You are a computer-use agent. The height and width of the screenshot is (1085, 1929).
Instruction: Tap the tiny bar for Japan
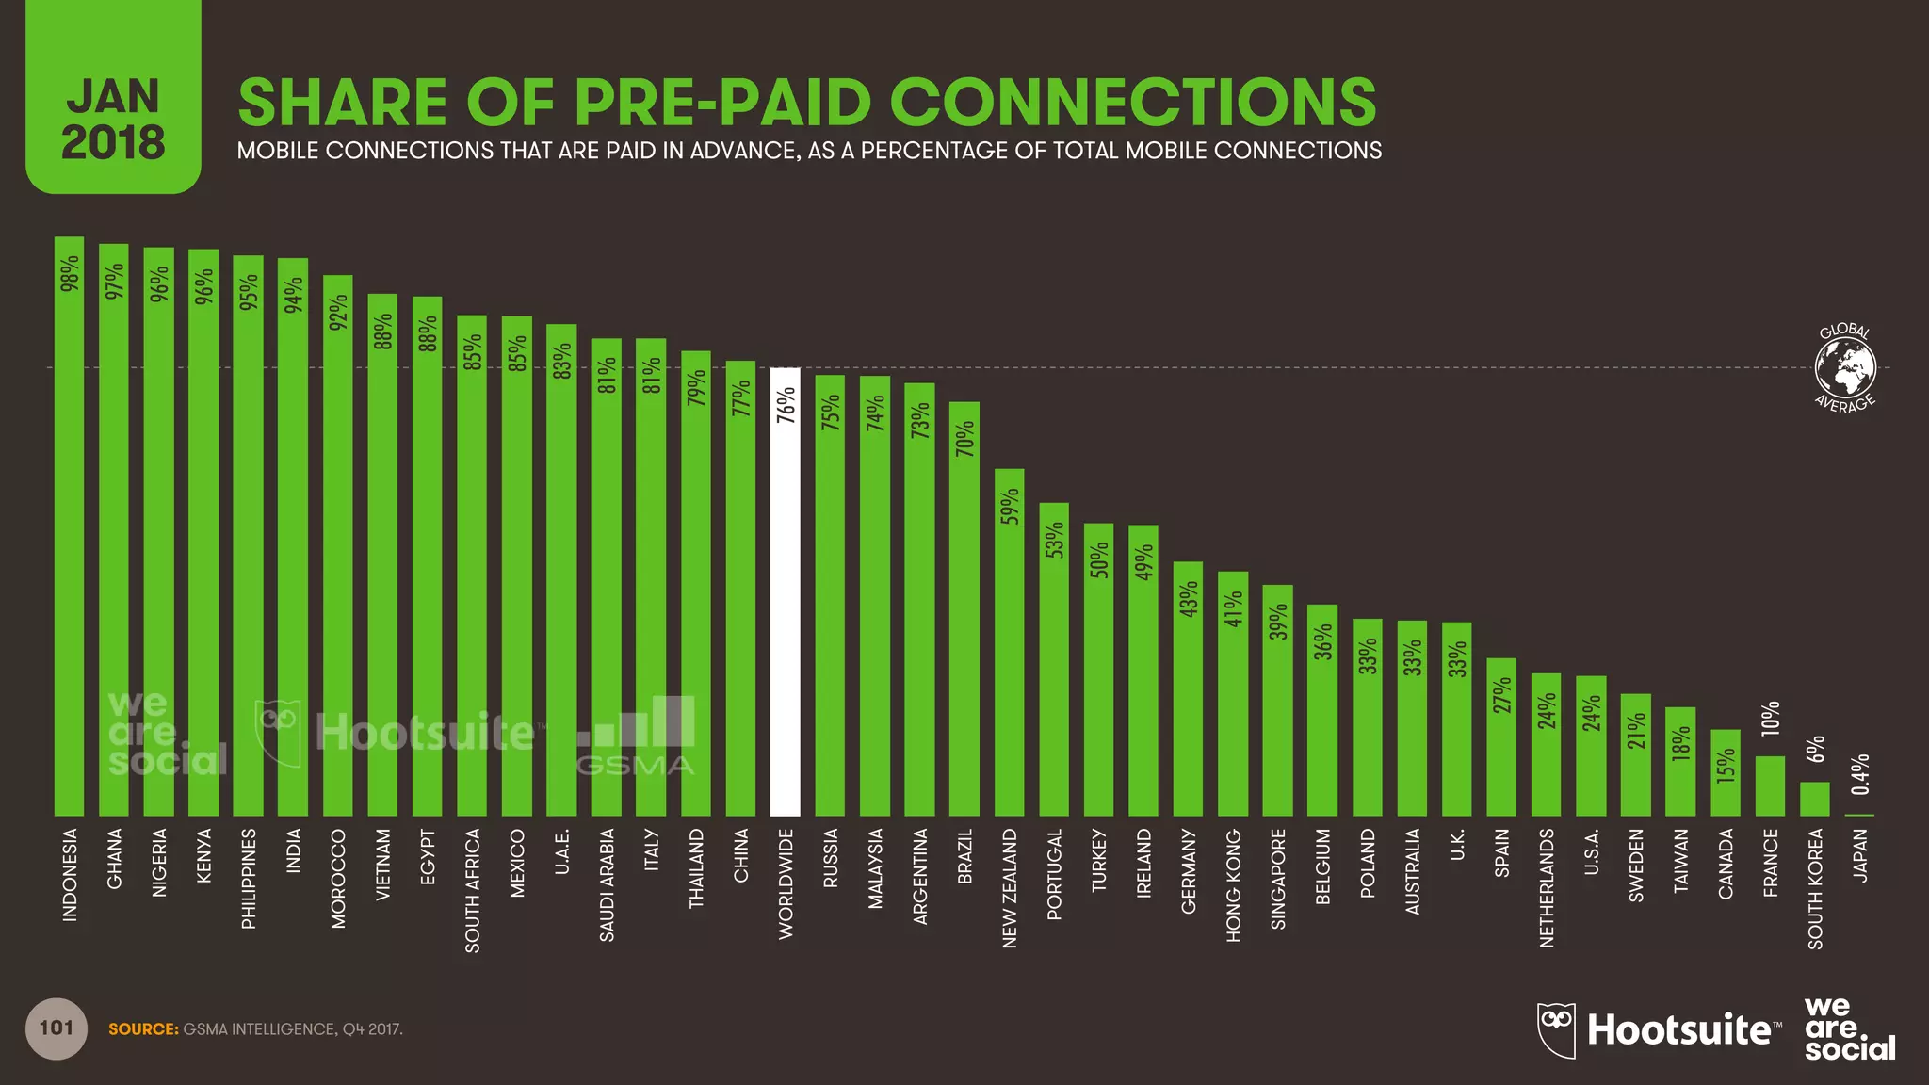pos(1859,815)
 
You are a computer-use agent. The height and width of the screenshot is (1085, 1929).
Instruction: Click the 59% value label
pos(1010,506)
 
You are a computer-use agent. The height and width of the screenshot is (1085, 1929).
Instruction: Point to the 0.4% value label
pos(1859,774)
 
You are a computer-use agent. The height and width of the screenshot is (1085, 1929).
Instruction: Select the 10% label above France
pos(1771,719)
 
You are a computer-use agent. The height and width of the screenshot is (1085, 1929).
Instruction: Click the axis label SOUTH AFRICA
pos(473,890)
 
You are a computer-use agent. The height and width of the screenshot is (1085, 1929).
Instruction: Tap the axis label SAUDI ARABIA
pos(608,884)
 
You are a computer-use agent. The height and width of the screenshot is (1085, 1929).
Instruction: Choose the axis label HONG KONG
pos(1234,884)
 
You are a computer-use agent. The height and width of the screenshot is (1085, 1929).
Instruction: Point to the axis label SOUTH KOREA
pos(1815,888)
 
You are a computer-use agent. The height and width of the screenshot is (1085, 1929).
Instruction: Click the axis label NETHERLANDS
pos(1547,887)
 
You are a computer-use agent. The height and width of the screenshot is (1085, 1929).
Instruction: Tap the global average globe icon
pos(1845,367)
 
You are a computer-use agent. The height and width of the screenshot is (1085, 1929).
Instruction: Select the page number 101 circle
pos(57,1028)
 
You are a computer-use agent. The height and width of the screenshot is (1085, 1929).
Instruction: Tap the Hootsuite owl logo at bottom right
pos(1556,1029)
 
